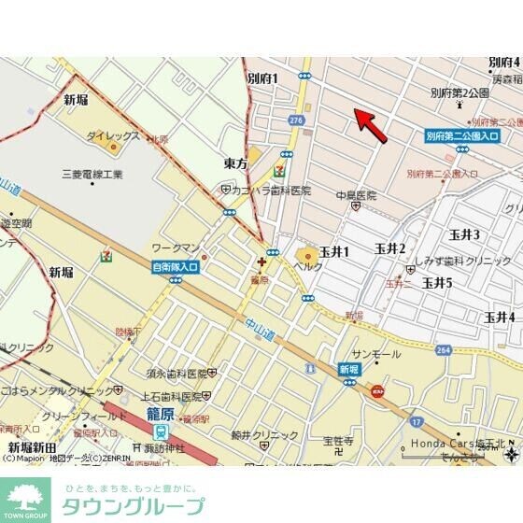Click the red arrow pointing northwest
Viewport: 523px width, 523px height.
371,126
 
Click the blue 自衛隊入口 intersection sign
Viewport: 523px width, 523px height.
176,267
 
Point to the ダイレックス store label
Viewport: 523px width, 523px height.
113,136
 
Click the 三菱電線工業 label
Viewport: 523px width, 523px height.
92,175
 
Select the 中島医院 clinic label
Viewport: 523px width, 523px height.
357,195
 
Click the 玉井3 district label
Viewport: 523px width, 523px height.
464,234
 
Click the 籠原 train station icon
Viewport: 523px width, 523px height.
160,432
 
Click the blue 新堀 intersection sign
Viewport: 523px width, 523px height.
348,370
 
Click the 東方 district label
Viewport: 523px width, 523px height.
236,163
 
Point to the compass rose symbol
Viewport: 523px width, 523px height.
511,454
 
